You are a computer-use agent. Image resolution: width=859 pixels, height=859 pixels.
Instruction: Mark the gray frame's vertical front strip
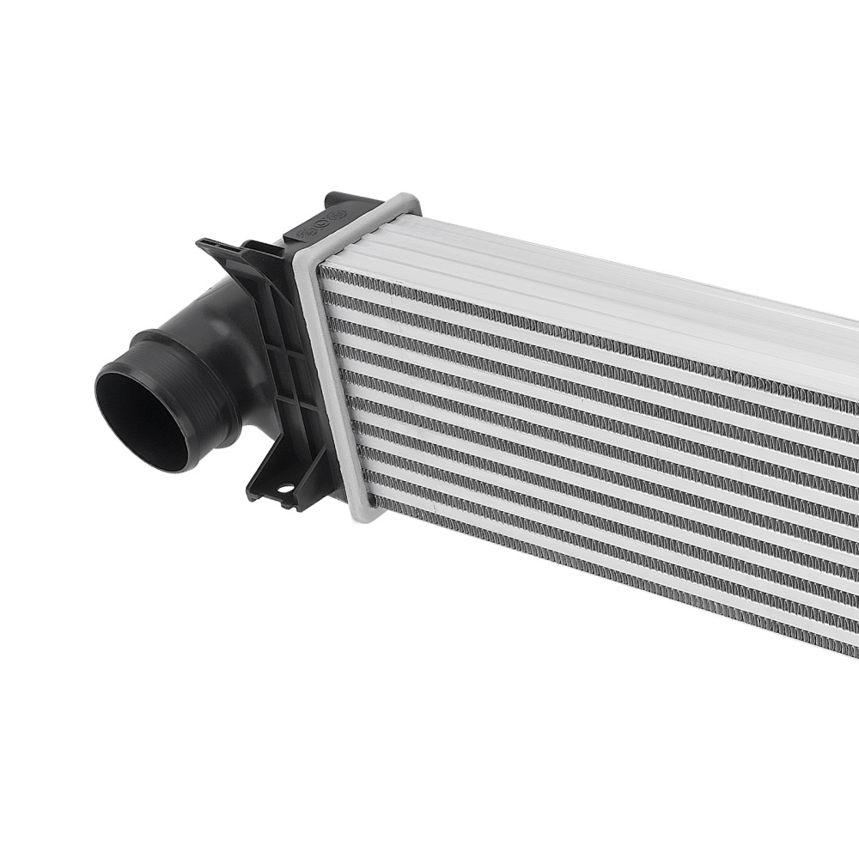331,387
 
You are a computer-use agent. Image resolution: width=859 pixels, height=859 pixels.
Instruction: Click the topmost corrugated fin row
558,327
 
